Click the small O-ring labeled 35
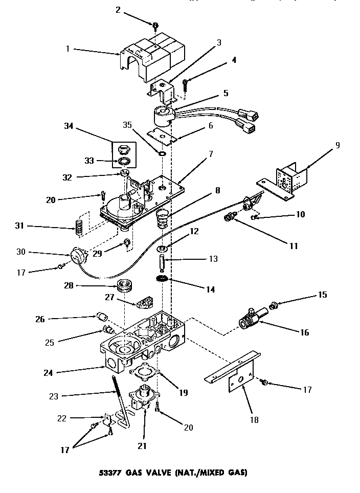coord(162,153)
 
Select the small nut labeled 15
coord(275,306)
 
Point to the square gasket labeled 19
coord(147,376)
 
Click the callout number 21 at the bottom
coord(142,445)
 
